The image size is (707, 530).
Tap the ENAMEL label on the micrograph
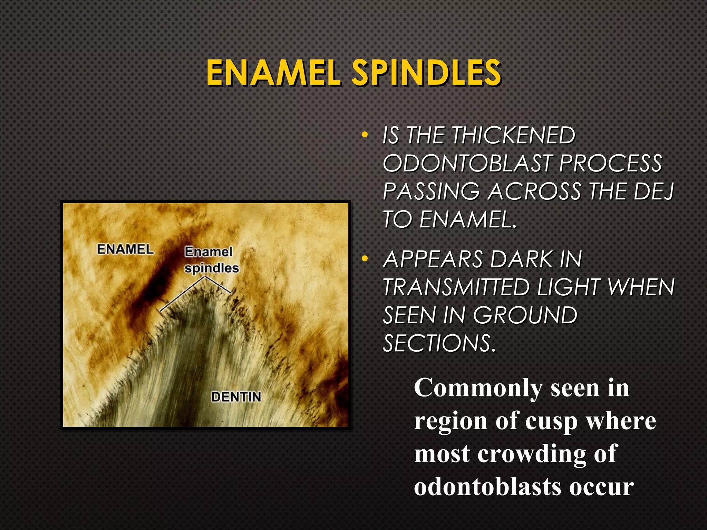[x=125, y=249]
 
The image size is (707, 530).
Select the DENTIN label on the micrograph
[x=236, y=397]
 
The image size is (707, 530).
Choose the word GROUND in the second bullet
[x=525, y=315]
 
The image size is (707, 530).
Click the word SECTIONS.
[x=439, y=343]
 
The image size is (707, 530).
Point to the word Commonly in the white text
[x=478, y=388]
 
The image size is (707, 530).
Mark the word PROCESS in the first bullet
[x=610, y=163]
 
